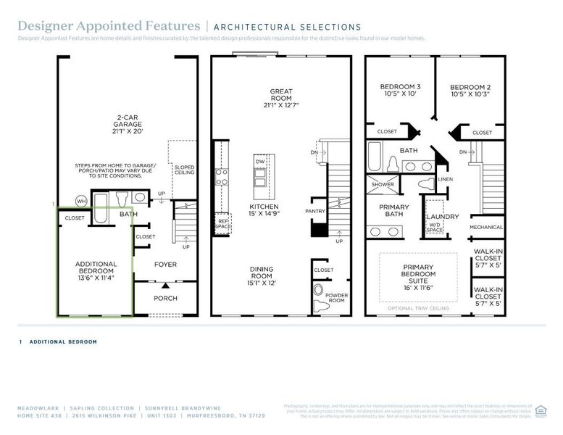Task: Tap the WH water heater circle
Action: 81,201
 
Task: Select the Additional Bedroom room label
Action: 96,270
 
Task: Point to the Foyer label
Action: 165,265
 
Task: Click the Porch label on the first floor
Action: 165,298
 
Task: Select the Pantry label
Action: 316,211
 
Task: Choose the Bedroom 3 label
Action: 400,91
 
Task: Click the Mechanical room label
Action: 486,228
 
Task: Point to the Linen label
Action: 445,179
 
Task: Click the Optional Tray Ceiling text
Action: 418,309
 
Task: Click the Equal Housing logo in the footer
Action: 540,410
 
